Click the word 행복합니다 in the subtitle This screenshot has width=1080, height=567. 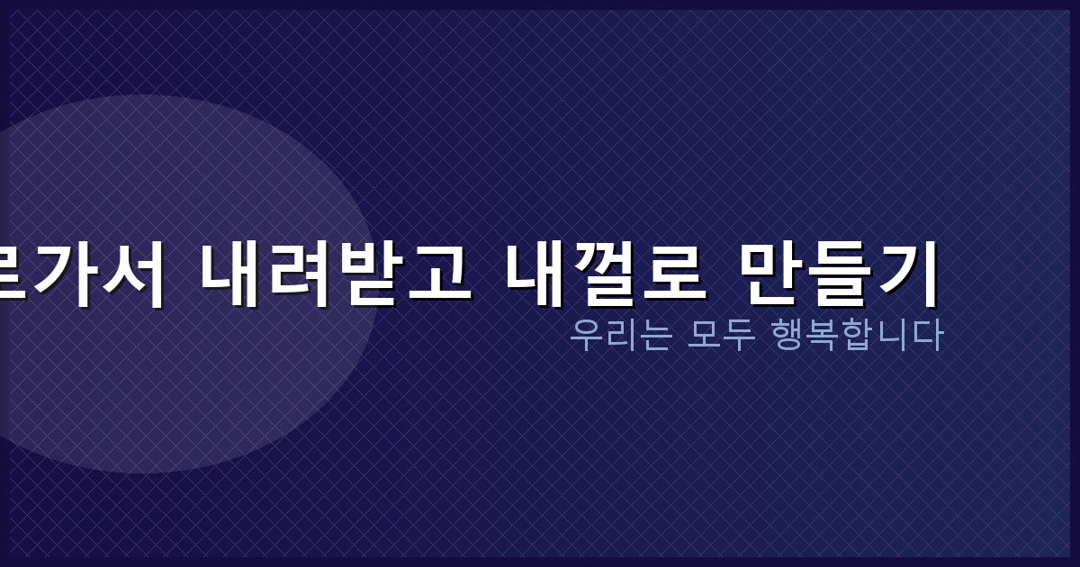tap(857, 336)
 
